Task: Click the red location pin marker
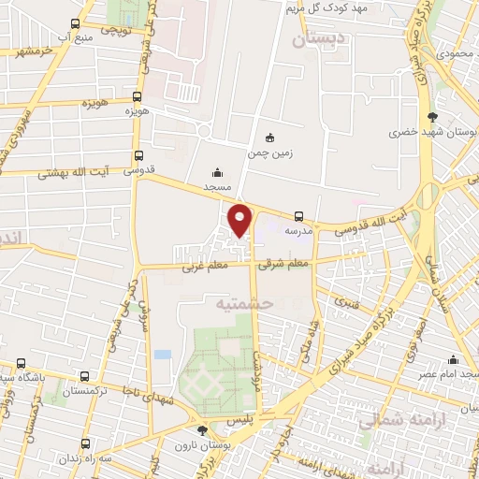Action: click(240, 219)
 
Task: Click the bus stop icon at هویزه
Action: click(138, 95)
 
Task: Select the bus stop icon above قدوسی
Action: click(139, 156)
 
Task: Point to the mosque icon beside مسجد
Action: click(218, 171)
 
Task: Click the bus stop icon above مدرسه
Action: click(298, 215)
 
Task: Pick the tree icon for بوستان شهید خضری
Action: click(432, 117)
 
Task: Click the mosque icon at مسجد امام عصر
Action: click(454, 359)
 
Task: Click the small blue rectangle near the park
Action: click(164, 356)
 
